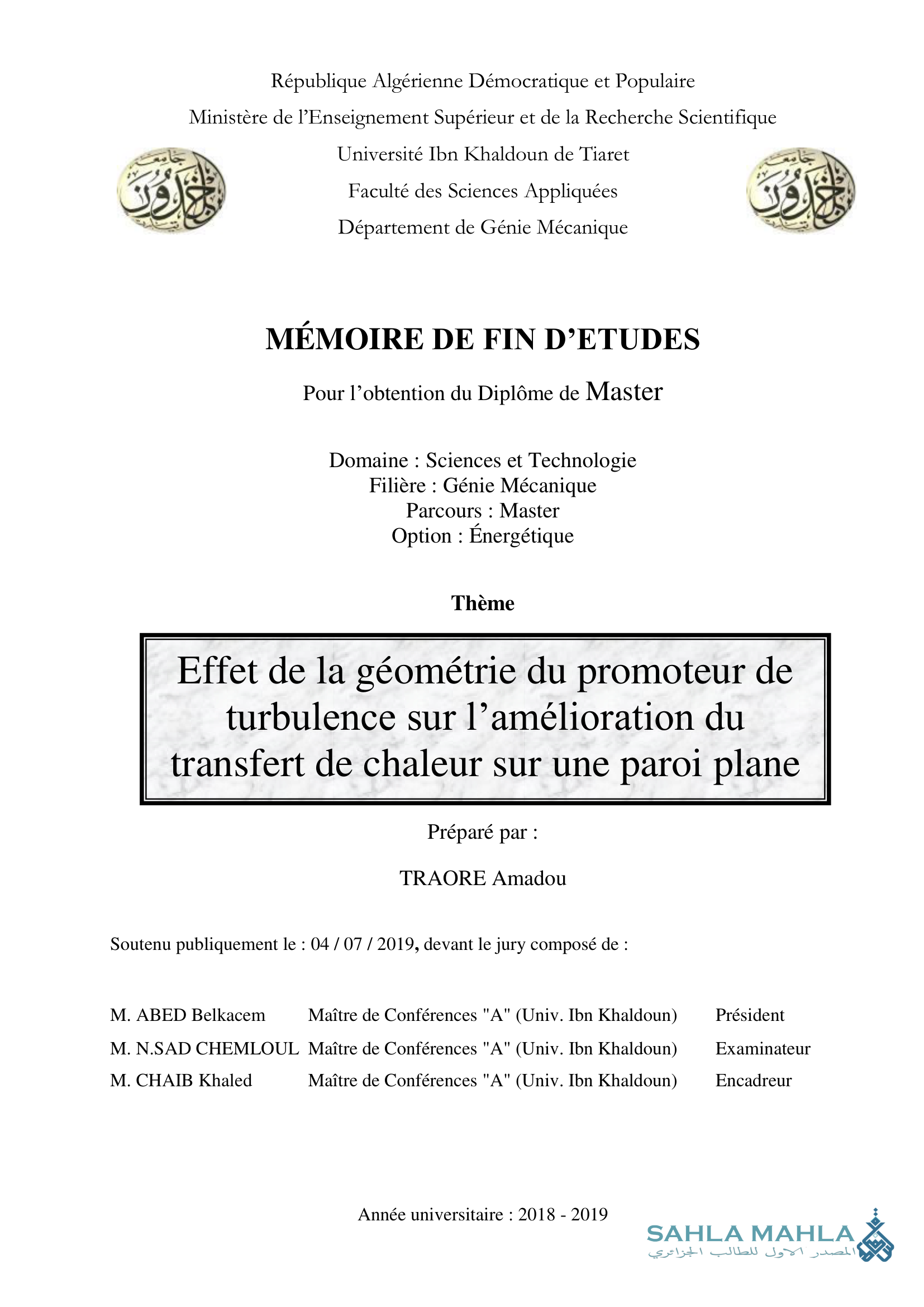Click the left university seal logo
tap(172, 189)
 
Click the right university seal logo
tap(801, 189)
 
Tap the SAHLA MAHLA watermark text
tap(750, 1234)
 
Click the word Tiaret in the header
tap(604, 154)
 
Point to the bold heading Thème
tap(483, 603)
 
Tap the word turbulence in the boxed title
tap(311, 718)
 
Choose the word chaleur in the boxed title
tap(423, 764)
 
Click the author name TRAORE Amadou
tap(483, 878)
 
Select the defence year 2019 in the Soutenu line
tap(396, 944)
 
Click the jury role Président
tap(749, 1015)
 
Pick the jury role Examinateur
tap(763, 1048)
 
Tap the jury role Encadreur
tap(753, 1081)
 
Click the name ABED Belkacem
tap(201, 1015)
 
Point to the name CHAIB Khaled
tap(193, 1081)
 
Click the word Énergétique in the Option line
tap(521, 536)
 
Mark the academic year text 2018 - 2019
tap(563, 1214)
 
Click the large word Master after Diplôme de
tap(624, 392)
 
